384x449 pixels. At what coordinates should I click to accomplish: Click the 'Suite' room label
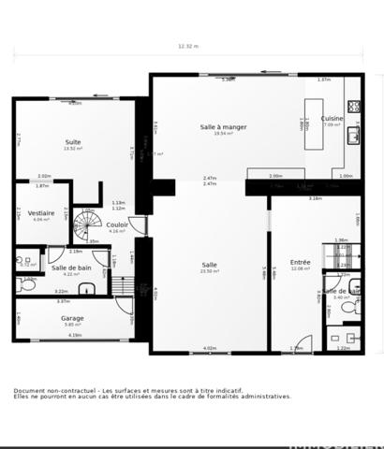coord(73,142)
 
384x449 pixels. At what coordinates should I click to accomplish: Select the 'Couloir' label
coord(117,224)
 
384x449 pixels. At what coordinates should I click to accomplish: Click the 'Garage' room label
coord(72,318)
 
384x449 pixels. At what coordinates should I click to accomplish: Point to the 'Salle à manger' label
coord(223,126)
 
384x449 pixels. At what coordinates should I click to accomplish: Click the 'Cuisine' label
coord(332,119)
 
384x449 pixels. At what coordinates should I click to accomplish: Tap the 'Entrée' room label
coord(300,262)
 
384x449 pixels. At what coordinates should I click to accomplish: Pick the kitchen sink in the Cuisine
coord(354,136)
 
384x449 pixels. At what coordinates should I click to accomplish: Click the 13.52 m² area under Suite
coord(73,149)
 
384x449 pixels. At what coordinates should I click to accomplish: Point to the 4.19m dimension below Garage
coord(75,335)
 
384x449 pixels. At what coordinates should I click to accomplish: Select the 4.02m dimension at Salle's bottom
coord(209,348)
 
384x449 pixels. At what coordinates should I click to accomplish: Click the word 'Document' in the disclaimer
coord(29,390)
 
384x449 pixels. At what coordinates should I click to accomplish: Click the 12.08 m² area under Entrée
coord(300,268)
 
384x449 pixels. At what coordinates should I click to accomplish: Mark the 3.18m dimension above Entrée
coord(316,198)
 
